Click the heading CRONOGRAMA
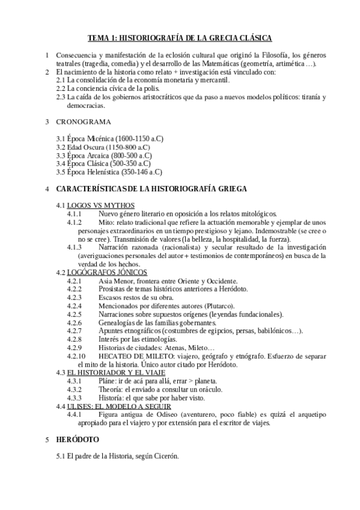click(84, 122)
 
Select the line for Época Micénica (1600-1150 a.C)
click(109, 139)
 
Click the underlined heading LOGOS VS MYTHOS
click(100, 205)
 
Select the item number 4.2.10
click(78, 355)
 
